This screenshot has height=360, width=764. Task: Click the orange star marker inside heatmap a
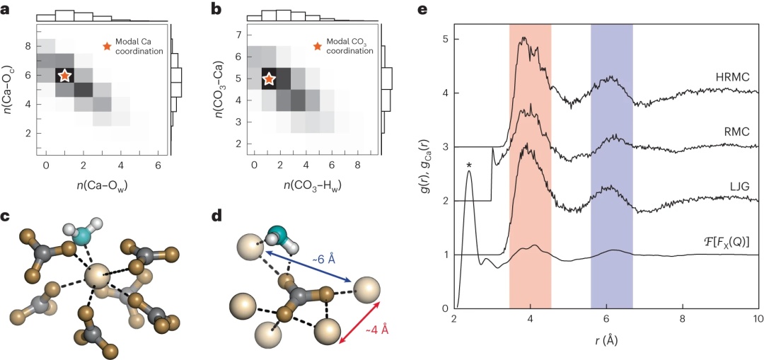click(x=64, y=75)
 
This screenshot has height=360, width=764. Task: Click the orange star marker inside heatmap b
click(x=269, y=79)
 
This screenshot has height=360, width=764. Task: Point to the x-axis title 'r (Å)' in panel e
click(x=606, y=339)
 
